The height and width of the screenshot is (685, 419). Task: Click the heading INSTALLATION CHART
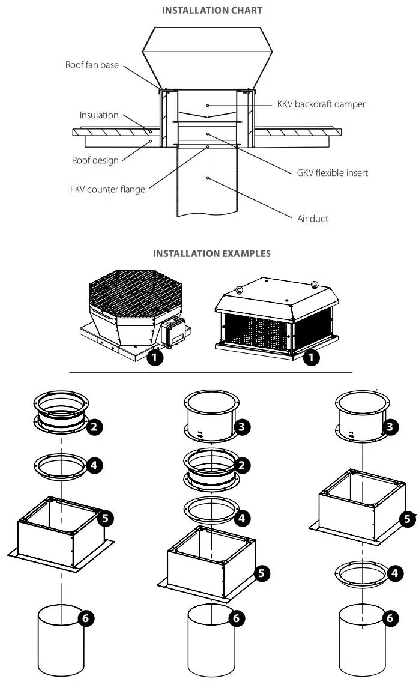[212, 10]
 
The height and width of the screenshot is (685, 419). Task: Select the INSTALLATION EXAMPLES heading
[211, 253]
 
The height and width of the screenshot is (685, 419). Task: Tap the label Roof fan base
[92, 65]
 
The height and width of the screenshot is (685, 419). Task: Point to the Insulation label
[99, 115]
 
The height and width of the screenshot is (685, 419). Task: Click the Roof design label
[95, 160]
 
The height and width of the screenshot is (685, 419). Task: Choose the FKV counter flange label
[107, 190]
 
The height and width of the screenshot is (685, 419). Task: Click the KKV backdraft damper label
[321, 104]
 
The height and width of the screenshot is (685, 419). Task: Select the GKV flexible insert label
[332, 173]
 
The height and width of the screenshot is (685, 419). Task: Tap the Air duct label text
[313, 219]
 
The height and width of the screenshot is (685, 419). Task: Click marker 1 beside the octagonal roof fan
[155, 359]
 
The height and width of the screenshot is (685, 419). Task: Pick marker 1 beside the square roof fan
[312, 359]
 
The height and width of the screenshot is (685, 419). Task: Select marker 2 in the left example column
[95, 427]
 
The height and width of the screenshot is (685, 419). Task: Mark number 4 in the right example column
[394, 573]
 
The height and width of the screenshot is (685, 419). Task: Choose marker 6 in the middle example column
[237, 618]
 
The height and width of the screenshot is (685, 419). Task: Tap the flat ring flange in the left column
[61, 465]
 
